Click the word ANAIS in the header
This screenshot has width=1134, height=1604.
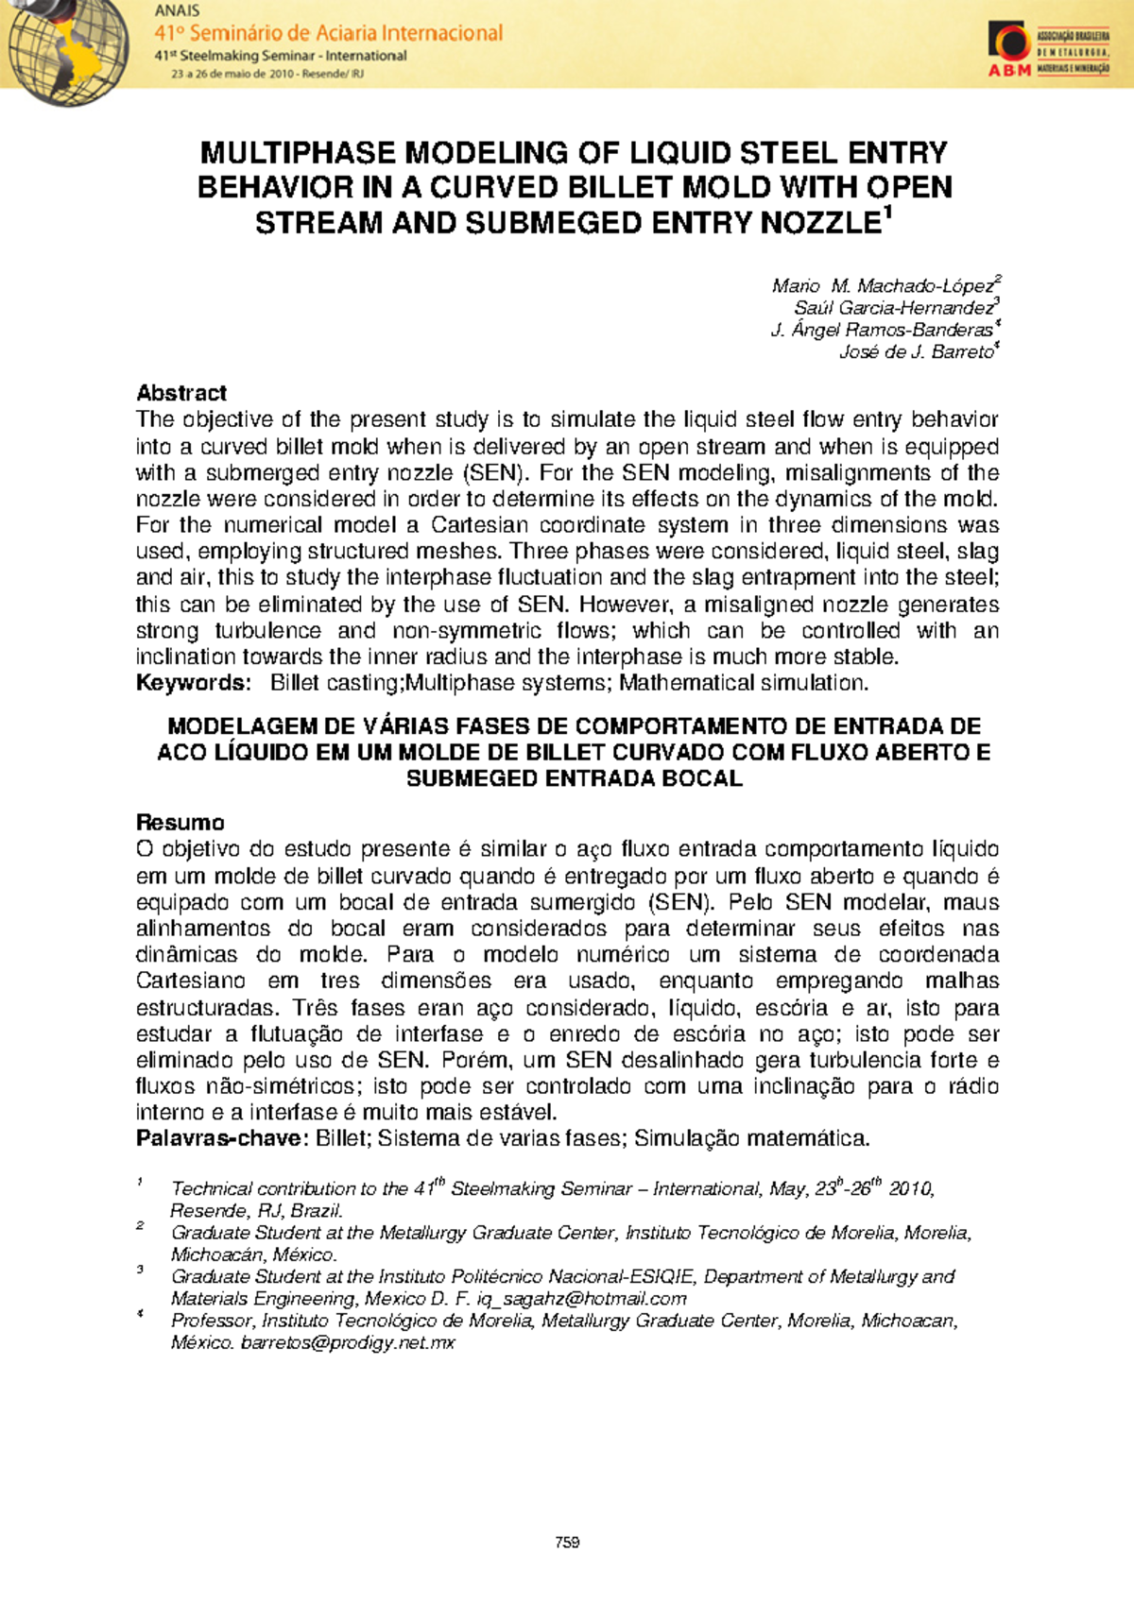[x=177, y=11]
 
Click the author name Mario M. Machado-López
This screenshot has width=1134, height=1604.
[x=883, y=285]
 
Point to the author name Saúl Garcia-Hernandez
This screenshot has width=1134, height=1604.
[x=893, y=308]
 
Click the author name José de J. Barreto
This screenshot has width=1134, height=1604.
[x=916, y=352]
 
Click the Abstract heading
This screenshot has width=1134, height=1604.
[x=181, y=393]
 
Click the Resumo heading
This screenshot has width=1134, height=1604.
[x=180, y=822]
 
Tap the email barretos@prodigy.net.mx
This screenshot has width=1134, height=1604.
[x=348, y=1343]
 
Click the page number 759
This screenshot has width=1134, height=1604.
[x=567, y=1543]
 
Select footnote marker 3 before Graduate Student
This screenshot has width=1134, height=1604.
[x=140, y=1271]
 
